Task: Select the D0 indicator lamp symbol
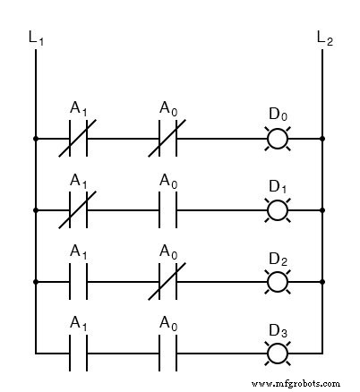pos(279,140)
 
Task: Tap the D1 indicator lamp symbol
pos(279,210)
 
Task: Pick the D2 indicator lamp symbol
pos(279,282)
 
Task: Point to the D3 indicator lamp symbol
pos(279,353)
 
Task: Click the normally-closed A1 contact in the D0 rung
pos(78,140)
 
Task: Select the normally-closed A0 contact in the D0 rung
pos(167,140)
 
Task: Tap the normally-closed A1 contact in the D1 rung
pos(78,210)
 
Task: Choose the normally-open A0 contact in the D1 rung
pos(167,210)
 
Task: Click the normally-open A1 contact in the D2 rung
pos(78,282)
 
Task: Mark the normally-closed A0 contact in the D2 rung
pos(167,282)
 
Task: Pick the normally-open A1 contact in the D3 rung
pos(78,353)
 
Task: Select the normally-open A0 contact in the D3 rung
pos(167,353)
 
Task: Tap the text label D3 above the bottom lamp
pos(279,329)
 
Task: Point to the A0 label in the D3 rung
pos(167,323)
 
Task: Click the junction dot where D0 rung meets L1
pos(35,140)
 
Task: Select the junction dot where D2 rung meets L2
pos(322,282)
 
